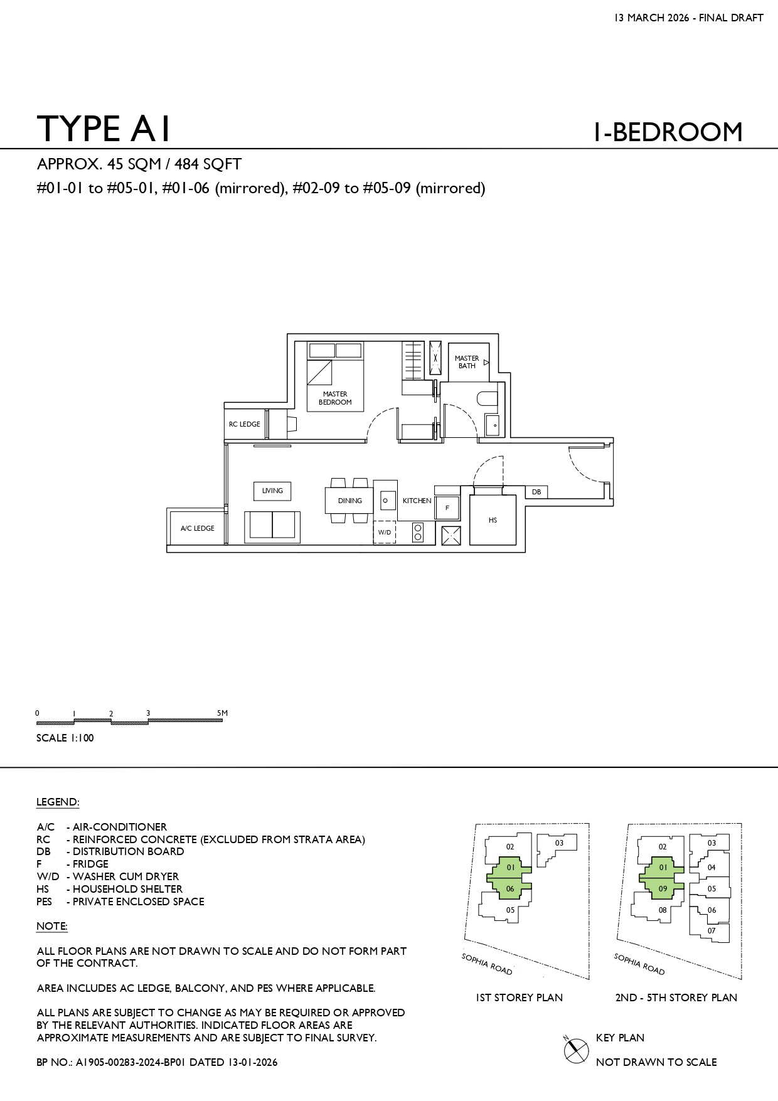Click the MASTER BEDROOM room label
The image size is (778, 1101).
335,398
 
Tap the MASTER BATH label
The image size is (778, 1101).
467,362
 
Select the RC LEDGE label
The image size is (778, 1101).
245,424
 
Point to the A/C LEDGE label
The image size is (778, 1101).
198,528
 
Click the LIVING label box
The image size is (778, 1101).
272,491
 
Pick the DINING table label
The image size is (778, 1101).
350,501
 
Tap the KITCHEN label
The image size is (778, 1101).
417,501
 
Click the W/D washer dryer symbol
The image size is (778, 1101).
385,532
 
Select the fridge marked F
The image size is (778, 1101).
447,507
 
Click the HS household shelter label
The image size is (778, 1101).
493,520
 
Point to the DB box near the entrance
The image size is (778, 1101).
536,492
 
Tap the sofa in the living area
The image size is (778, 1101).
272,527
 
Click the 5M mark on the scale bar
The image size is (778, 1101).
222,713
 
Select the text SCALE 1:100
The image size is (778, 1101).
65,738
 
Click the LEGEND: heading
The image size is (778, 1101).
58,802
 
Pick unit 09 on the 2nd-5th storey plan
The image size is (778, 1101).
663,889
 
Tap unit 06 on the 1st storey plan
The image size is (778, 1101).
510,889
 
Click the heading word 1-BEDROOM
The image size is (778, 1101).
668,132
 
